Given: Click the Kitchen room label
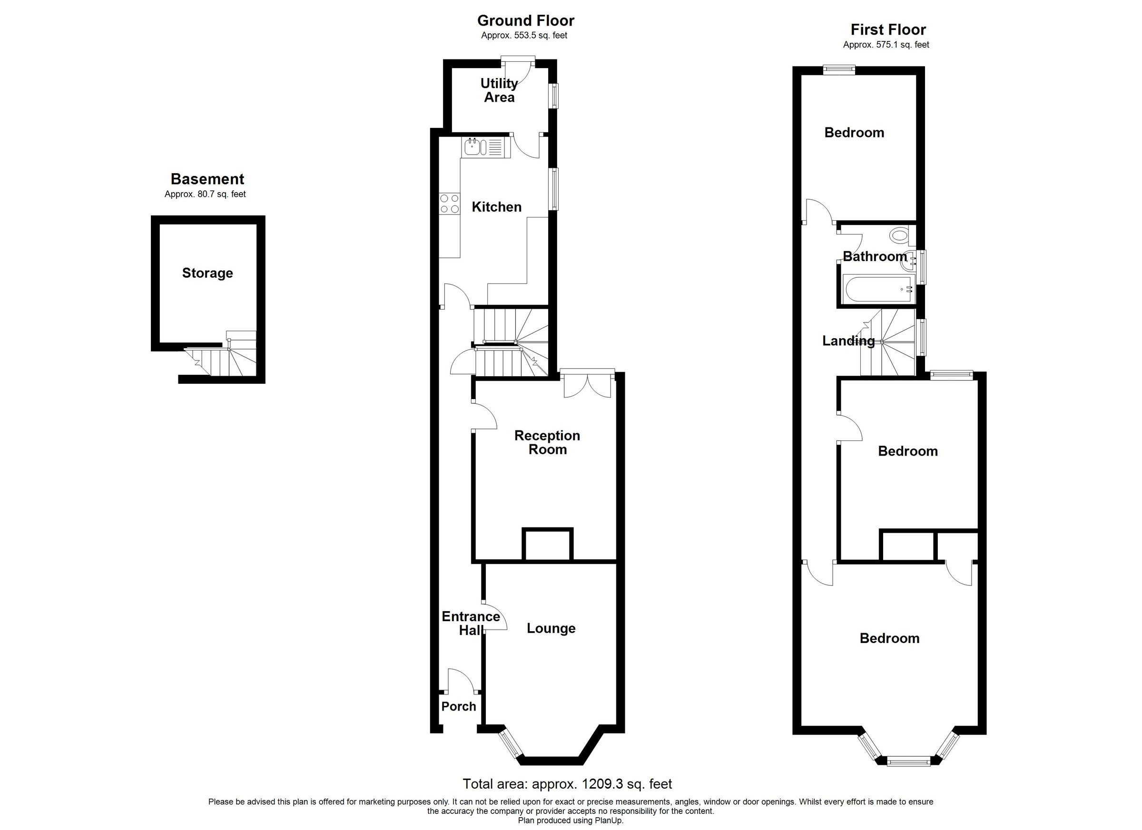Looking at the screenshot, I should [496, 207].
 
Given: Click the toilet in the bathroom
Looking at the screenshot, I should [899, 234].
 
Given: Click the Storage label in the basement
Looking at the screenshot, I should [207, 273].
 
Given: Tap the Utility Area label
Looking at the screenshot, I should [499, 90].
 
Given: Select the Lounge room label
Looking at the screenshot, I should [551, 628].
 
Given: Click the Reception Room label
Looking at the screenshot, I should [547, 442].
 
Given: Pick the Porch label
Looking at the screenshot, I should [458, 707].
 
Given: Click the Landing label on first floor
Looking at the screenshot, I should [848, 341].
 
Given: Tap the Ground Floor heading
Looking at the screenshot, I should [525, 20].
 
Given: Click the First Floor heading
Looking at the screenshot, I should [888, 29].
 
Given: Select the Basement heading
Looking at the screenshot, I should [207, 179].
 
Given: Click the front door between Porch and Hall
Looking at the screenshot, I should [460, 681].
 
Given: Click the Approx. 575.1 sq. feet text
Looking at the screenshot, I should [886, 45].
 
